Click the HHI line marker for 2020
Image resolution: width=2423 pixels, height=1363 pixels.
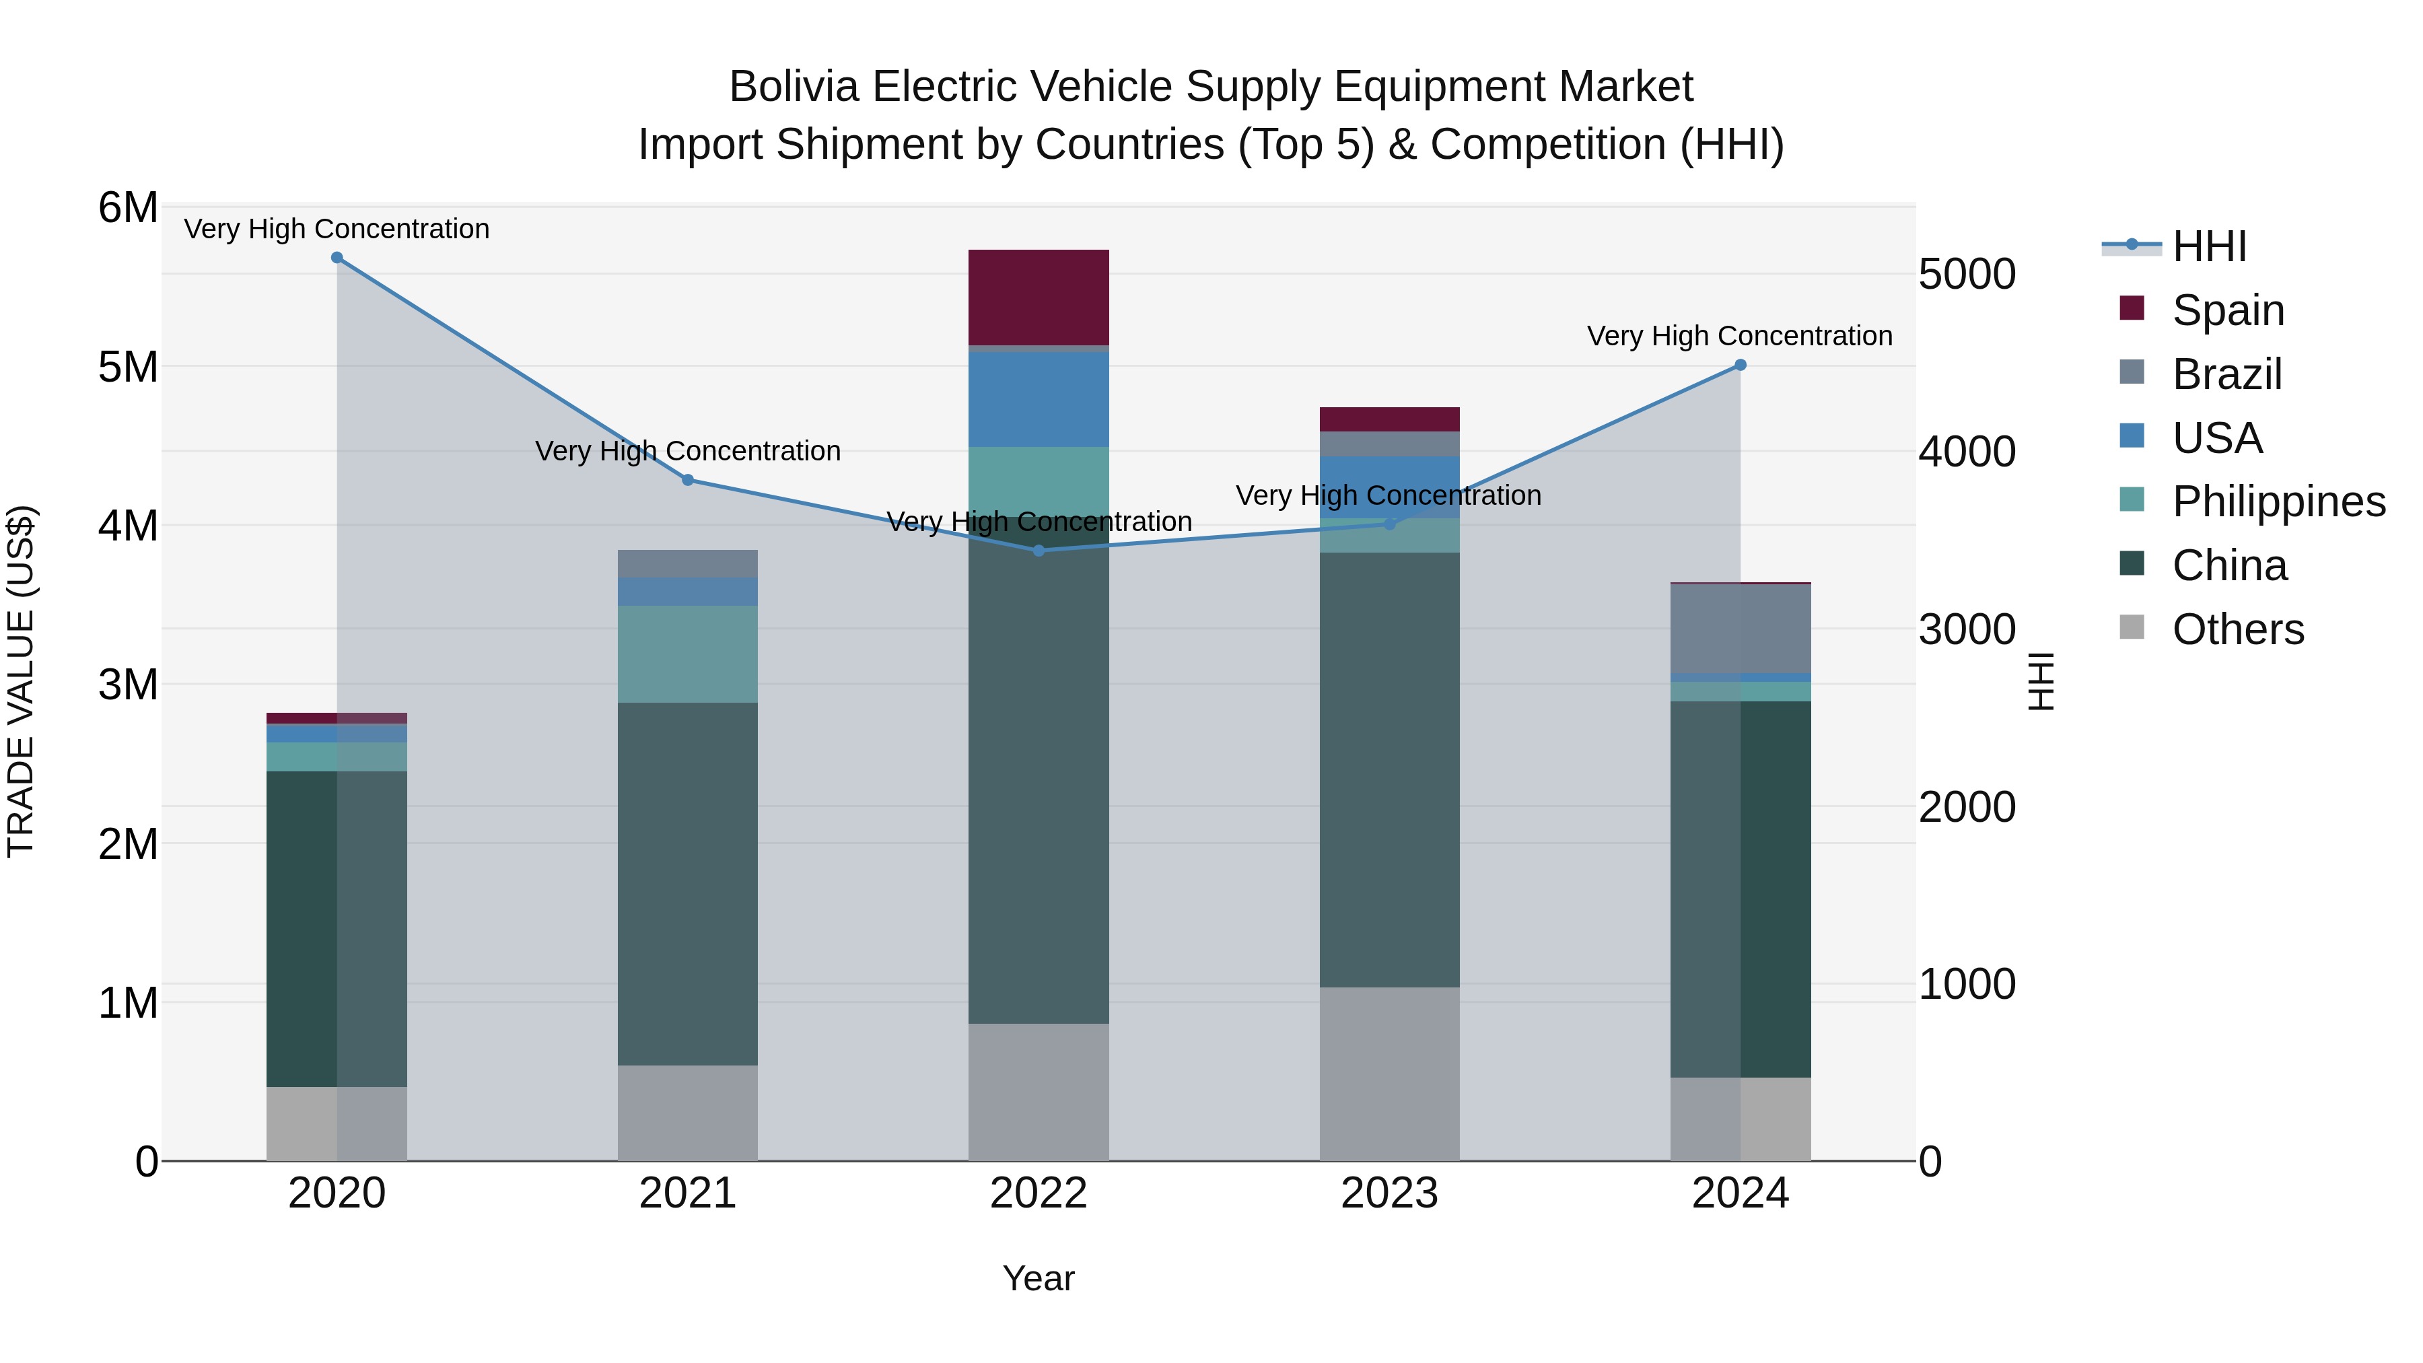click(337, 258)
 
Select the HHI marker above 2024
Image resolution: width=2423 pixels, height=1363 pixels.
click(1740, 365)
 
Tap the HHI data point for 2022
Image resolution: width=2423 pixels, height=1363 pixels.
click(1039, 551)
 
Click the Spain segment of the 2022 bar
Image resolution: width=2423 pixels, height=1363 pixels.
click(1039, 298)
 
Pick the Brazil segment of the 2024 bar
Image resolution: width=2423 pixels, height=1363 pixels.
click(1740, 629)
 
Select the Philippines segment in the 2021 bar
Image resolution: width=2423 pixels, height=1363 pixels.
click(688, 654)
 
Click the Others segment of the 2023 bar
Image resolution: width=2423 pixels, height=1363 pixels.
click(1389, 1074)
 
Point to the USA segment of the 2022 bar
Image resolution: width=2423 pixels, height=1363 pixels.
click(1039, 399)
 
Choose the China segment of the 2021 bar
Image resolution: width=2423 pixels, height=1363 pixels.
click(688, 884)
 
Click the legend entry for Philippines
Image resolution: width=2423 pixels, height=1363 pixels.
click(2278, 501)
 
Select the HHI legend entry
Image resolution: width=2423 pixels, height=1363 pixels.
click(2208, 246)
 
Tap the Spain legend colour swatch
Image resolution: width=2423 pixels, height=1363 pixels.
click(2132, 308)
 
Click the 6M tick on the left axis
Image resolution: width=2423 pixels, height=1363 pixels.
click(128, 208)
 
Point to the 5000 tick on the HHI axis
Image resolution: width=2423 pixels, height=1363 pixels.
click(1967, 275)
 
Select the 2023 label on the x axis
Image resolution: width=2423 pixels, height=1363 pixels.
click(1389, 1193)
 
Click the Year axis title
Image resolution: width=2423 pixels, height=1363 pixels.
click(1039, 1278)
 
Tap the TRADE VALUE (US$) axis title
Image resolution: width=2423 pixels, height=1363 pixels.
click(21, 682)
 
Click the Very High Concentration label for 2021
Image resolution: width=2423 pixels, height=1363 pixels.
click(688, 452)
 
